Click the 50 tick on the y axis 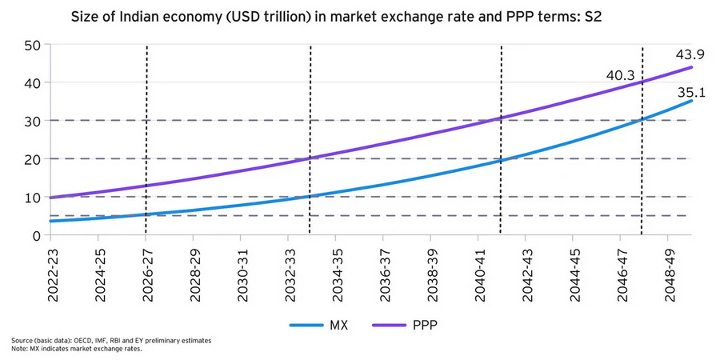click(x=32, y=45)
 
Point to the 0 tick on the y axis click(x=37, y=235)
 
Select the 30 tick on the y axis click(x=32, y=121)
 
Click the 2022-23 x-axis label click(x=53, y=270)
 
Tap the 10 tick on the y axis click(x=32, y=197)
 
